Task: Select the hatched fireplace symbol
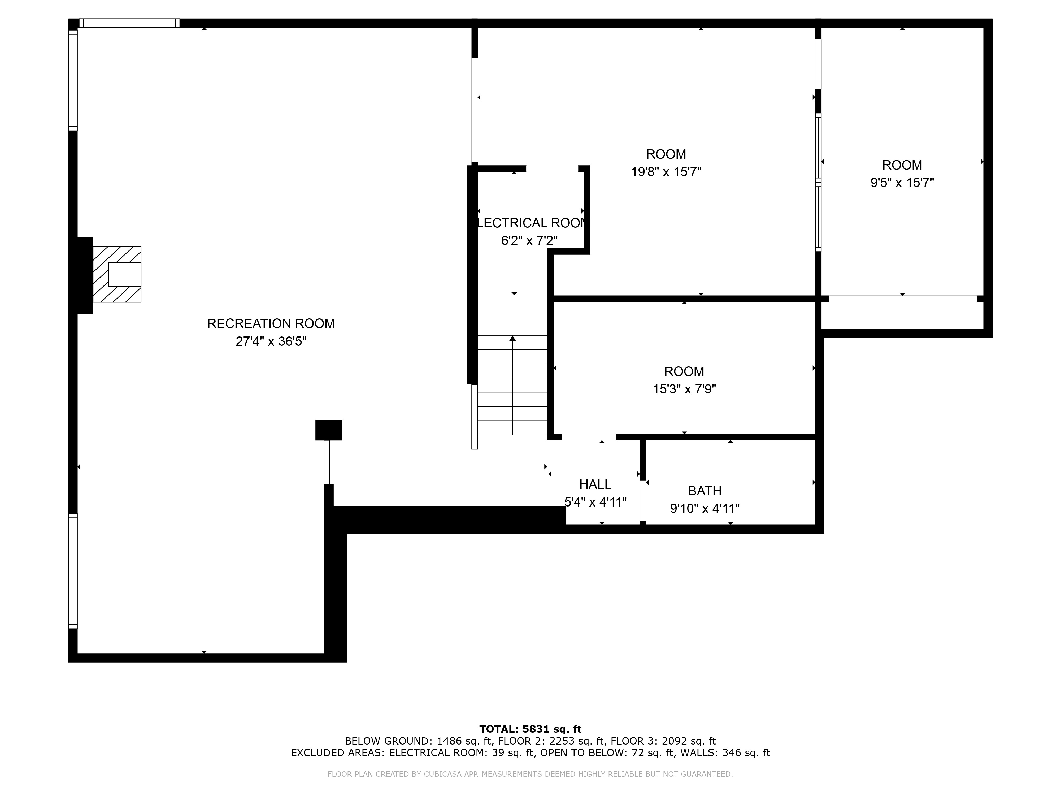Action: point(117,274)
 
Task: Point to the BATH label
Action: point(704,491)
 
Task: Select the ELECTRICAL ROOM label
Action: point(530,223)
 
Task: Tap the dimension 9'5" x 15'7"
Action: point(902,183)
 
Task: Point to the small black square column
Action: point(329,430)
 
